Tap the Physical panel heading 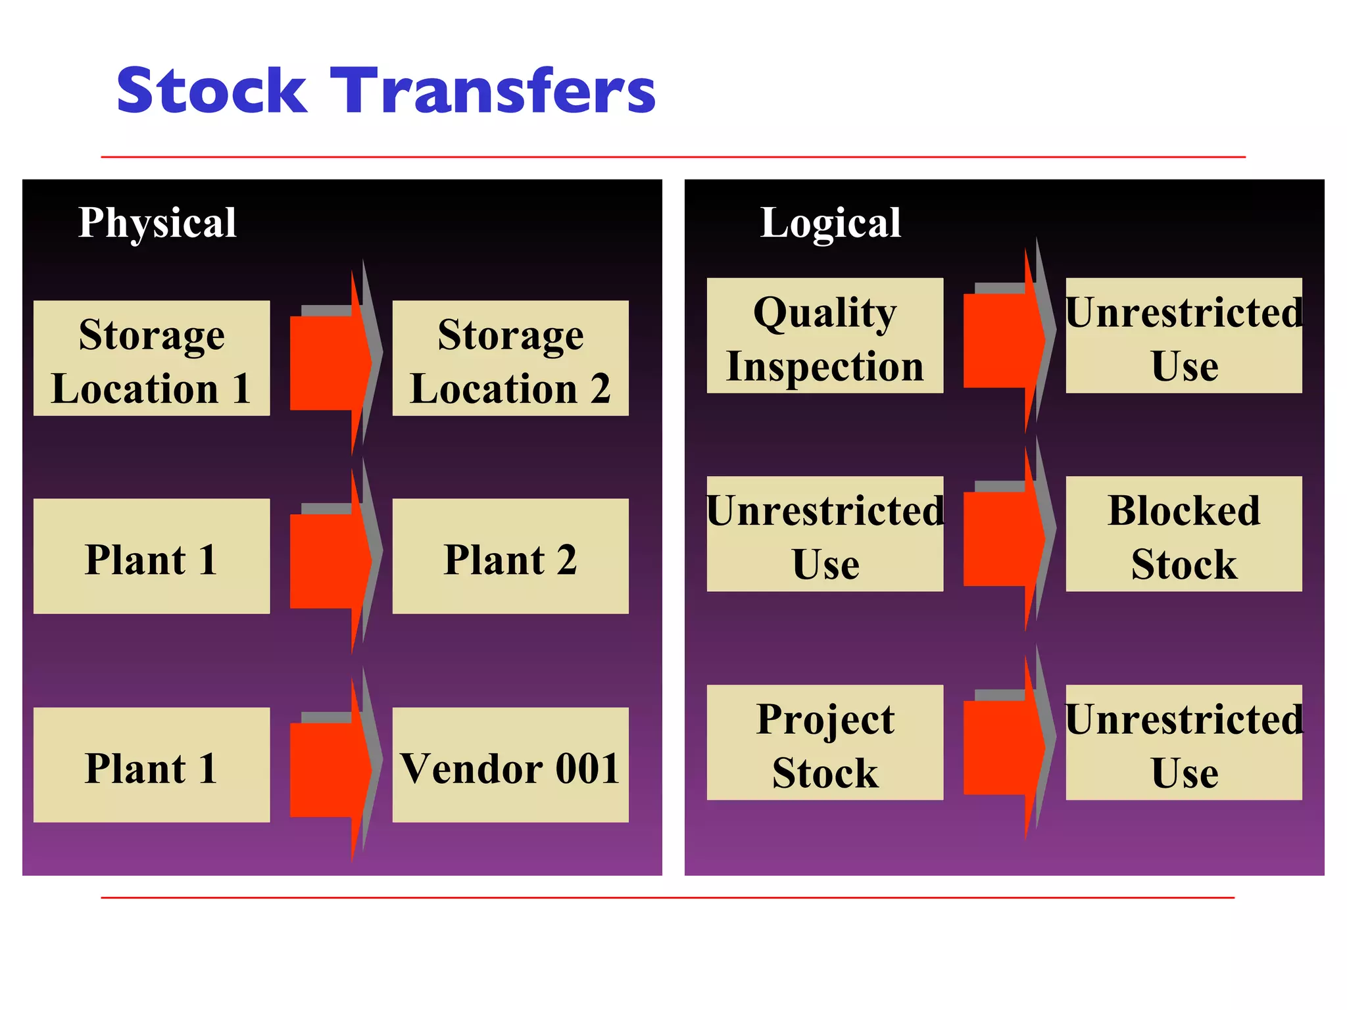click(157, 222)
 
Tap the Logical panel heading click(830, 222)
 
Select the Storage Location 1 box click(151, 358)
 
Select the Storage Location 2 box click(510, 358)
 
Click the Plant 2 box click(510, 556)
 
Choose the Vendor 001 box click(510, 765)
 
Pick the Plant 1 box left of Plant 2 click(151, 556)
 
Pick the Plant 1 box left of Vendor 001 click(151, 765)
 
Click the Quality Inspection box click(825, 335)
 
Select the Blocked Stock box click(1184, 534)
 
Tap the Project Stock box click(825, 742)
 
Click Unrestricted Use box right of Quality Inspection click(1184, 335)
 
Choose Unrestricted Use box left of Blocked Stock click(825, 534)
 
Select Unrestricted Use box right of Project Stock click(1184, 742)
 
